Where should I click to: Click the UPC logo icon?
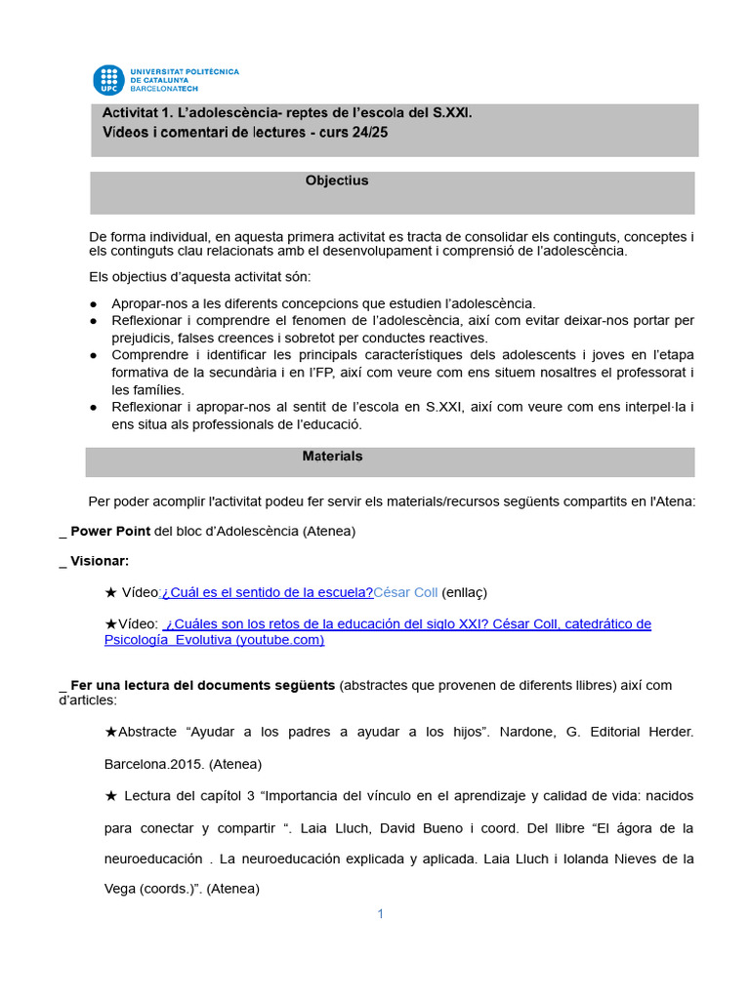(108, 80)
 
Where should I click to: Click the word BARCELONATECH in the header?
(164, 89)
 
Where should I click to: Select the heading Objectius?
(337, 180)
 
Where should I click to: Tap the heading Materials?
(332, 456)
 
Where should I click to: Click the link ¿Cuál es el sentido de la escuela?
(268, 592)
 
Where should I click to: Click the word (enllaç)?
(465, 592)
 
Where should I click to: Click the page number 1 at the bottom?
(381, 914)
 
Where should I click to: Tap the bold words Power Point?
(110, 531)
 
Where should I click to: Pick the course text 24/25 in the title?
(368, 133)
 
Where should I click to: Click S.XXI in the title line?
(451, 113)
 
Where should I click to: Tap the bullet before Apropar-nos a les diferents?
(93, 304)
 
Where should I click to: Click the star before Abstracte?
(110, 731)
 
